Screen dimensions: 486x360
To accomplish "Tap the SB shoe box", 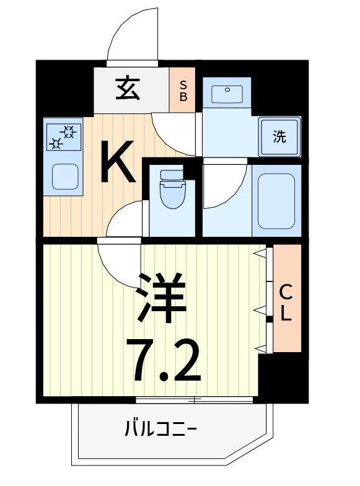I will coord(183,91).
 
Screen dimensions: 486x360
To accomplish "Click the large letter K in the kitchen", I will coord(118,162).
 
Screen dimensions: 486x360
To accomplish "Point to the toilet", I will coord(172,190).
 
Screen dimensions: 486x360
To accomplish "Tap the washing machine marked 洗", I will coord(280,136).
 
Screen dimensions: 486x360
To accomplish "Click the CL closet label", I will coord(286,302).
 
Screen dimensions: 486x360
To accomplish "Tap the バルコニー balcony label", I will coord(160,428).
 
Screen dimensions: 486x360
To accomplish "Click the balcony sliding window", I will coord(196,400).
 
